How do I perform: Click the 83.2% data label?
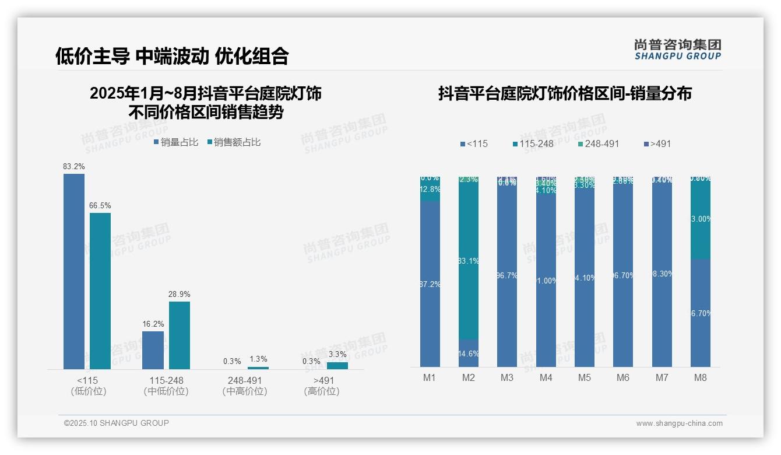(x=74, y=167)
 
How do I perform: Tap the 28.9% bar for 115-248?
(x=180, y=335)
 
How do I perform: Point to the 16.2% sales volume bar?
(x=153, y=350)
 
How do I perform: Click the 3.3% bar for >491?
(x=337, y=366)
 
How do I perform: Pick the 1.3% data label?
(x=258, y=359)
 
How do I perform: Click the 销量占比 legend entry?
(x=176, y=142)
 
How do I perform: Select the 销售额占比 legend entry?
(x=234, y=142)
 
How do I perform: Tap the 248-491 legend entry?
(x=598, y=143)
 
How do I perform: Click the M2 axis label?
(x=469, y=377)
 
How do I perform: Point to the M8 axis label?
(x=701, y=377)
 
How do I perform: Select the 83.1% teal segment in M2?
(x=469, y=261)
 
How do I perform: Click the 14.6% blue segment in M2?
(x=469, y=353)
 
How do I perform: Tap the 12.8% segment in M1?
(x=430, y=190)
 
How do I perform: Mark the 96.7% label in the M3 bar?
(x=507, y=275)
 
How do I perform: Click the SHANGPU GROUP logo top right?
(x=678, y=50)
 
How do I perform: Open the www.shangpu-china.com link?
(x=679, y=423)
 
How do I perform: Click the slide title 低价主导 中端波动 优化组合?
(x=172, y=56)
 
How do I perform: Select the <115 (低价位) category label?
(x=88, y=386)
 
